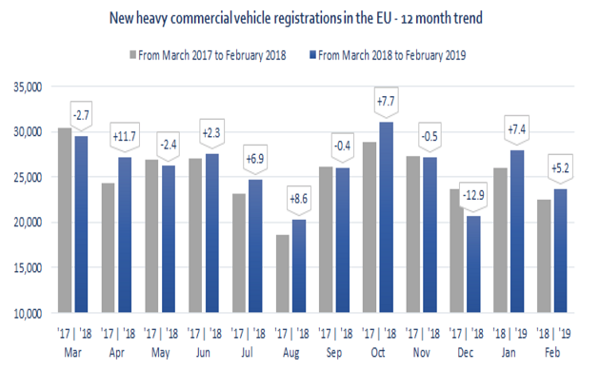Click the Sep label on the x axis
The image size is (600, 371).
pyautogui.click(x=335, y=351)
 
